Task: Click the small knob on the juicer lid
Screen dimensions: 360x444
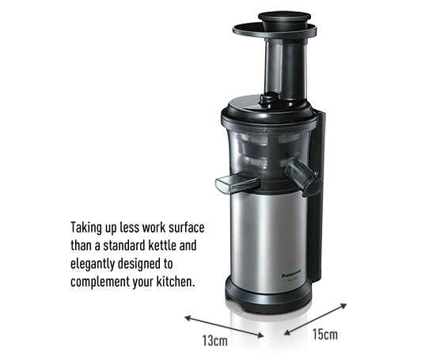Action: click(x=270, y=99)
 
